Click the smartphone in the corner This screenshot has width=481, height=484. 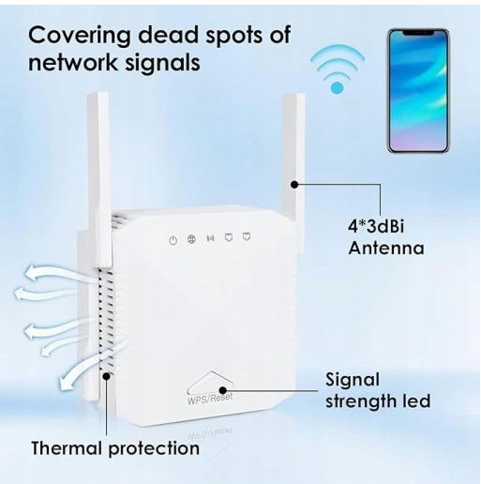(418, 91)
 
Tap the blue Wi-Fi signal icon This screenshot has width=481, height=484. (337, 69)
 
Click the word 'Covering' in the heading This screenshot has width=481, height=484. (79, 36)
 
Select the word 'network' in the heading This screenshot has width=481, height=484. (72, 62)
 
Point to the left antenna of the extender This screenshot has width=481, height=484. (99, 180)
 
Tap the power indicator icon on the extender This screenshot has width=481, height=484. (173, 240)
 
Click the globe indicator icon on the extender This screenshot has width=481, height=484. (191, 239)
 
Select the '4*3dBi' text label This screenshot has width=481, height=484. (376, 226)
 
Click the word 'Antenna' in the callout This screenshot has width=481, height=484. (386, 249)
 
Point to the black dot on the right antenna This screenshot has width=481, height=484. (294, 185)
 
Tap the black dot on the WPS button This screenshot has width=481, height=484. (222, 390)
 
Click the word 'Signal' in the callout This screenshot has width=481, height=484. (353, 380)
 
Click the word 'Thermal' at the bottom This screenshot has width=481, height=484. (68, 448)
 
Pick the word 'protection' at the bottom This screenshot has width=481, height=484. (154, 449)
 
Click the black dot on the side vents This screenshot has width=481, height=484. (107, 376)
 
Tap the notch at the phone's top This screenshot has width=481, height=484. (418, 33)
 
